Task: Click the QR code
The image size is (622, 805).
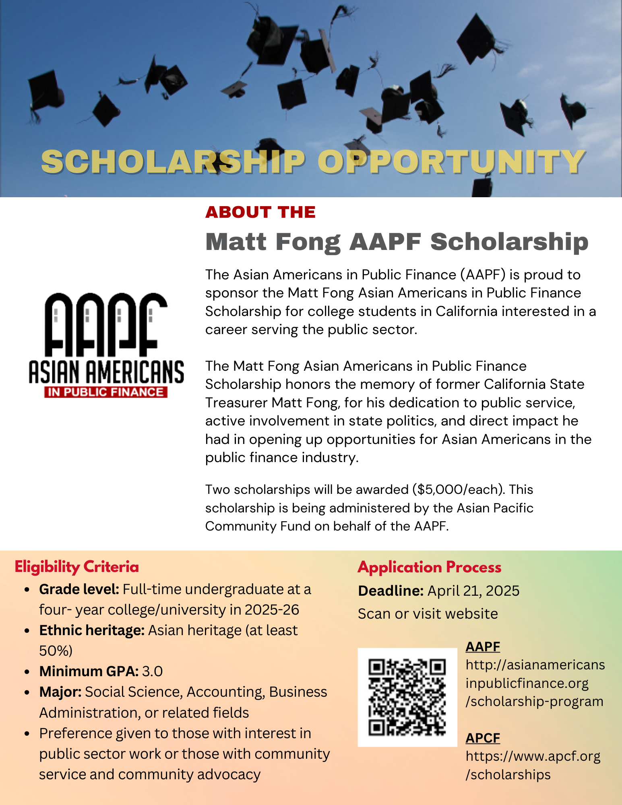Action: point(407,697)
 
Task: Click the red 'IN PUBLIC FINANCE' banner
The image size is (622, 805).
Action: point(105,392)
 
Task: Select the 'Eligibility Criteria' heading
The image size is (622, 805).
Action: point(76,567)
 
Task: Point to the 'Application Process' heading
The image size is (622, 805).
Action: point(429,567)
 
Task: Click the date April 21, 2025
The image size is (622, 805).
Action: point(473,591)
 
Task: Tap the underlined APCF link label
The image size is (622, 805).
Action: point(483,738)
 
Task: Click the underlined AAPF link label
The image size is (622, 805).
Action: point(483,646)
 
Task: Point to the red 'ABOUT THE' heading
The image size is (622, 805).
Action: point(260,212)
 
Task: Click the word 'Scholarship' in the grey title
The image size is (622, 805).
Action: point(509,242)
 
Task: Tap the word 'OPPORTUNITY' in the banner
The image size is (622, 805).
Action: point(451,162)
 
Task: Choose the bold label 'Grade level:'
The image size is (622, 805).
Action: point(79,589)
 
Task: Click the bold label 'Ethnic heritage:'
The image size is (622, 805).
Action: point(92,630)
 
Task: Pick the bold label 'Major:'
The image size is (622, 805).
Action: point(60,692)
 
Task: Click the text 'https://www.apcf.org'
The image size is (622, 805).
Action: point(533,756)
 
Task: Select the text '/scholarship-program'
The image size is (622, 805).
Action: point(534,702)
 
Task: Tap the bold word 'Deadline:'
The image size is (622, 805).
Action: point(391,591)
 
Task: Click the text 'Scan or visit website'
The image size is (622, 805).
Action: point(428,614)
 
